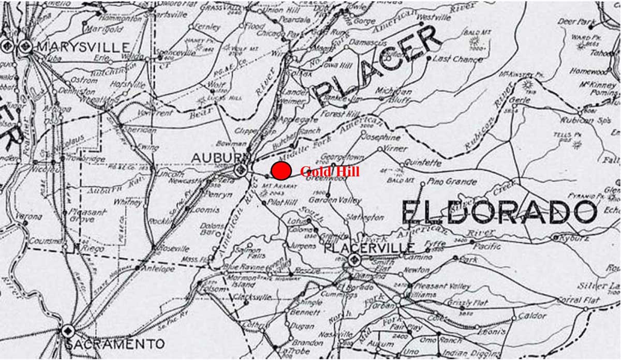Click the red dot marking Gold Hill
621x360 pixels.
[x=280, y=171]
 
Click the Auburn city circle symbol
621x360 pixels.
[x=240, y=170]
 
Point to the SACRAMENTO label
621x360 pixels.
[x=115, y=343]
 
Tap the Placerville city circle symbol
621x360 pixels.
[x=354, y=261]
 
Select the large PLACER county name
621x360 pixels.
[x=378, y=65]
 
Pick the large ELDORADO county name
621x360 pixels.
[x=499, y=212]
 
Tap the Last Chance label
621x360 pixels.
[x=457, y=59]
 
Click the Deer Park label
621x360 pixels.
[x=574, y=22]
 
